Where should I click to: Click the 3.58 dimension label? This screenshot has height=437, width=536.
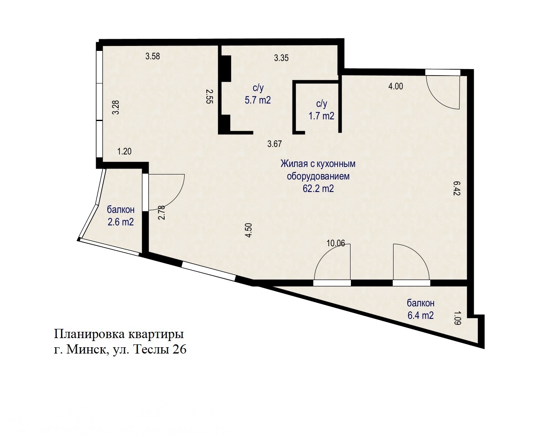point(152,56)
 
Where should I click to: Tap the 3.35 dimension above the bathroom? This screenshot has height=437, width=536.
point(281,58)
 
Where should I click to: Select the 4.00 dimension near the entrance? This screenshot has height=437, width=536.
point(396,86)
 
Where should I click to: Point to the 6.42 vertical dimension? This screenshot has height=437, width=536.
point(457,188)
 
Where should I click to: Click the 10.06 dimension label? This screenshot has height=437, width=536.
point(335,243)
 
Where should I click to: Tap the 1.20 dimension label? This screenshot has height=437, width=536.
point(124,152)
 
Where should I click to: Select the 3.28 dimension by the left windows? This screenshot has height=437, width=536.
point(116,107)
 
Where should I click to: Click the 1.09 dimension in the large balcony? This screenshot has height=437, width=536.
point(457,318)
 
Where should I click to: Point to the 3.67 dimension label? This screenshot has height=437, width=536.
point(274,144)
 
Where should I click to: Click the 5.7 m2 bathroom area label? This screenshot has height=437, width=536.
point(257,100)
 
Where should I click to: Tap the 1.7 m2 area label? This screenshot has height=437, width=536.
point(321,116)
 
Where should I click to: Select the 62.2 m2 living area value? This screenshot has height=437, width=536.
point(318,188)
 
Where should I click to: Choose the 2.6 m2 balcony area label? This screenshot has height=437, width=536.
point(120,222)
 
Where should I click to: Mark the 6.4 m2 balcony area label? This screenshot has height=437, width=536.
point(420,315)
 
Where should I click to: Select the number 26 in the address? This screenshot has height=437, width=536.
point(179,350)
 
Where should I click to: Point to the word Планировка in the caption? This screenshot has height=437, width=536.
point(89,334)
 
